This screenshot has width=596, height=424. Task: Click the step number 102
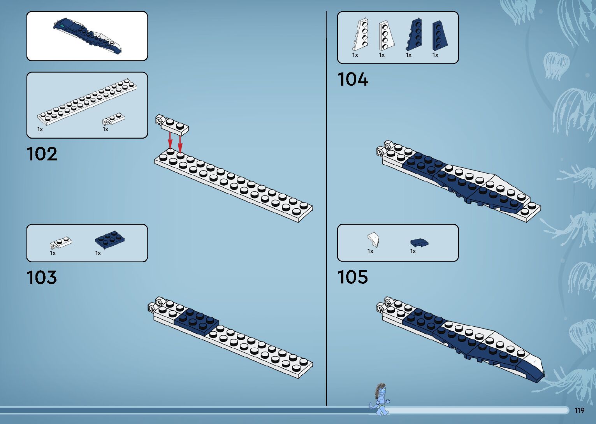pos(42,154)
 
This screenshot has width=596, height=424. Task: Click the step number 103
pos(42,278)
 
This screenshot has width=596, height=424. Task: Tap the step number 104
pos(352,79)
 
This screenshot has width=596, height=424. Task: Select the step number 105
pos(352,277)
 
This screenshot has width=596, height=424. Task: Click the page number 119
pos(579,410)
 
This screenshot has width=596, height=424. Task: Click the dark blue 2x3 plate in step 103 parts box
pos(110,239)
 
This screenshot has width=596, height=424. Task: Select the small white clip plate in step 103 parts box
pos(60,243)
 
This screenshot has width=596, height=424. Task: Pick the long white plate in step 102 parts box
pos(87,102)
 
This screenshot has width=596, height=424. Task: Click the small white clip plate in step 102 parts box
pos(113,119)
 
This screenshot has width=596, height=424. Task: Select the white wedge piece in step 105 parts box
pos(374,239)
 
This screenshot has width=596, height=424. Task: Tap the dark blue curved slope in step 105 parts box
pos(419,243)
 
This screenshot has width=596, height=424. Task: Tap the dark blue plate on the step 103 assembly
pos(196,321)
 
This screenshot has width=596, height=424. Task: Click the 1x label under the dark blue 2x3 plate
pos(98,253)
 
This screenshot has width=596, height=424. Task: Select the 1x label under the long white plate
pos(40,129)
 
